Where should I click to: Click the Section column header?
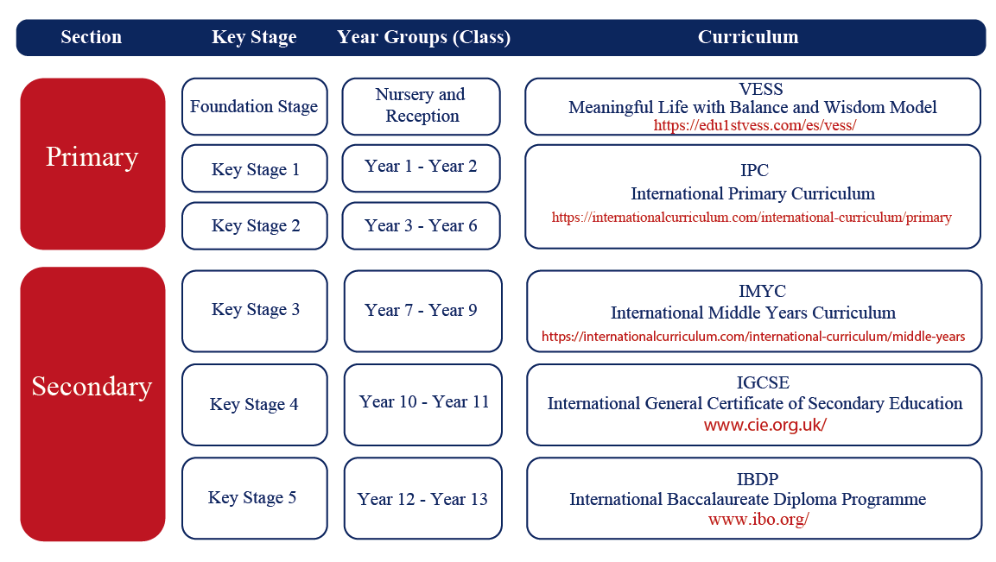tap(92, 37)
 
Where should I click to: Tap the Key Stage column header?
tap(254, 37)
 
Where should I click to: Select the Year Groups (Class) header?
tap(423, 37)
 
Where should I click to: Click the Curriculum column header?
tap(748, 37)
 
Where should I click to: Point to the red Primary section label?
tap(92, 157)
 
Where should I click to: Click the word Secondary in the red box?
tap(92, 386)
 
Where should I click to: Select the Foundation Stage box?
tap(255, 107)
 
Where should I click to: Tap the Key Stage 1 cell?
tap(255, 168)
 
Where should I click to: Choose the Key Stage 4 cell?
tap(255, 405)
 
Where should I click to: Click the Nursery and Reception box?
tap(422, 107)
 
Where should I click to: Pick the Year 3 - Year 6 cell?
tap(422, 225)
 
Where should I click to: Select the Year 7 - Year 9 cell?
tap(423, 311)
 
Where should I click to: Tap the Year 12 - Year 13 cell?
tap(423, 498)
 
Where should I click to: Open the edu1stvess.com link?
tap(755, 125)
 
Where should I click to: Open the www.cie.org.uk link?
tap(764, 425)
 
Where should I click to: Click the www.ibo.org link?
tap(758, 520)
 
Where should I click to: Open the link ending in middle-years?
tap(753, 337)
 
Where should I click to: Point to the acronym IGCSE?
tap(763, 382)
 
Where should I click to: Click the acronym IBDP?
tap(758, 479)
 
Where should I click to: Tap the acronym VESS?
tap(761, 89)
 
